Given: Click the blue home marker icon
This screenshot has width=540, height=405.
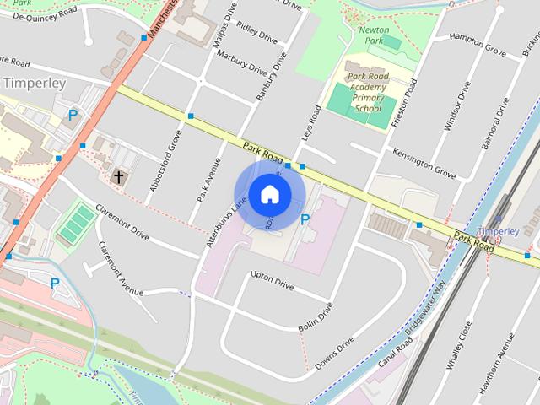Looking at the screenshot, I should coord(269,195).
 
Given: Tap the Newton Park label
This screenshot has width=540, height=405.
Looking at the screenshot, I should coord(374,35).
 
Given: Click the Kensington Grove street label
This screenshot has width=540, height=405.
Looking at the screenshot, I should coord(424,162).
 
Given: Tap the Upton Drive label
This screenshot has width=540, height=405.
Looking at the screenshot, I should coord(272,280).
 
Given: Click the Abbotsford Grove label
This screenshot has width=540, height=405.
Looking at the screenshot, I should coord(165,160).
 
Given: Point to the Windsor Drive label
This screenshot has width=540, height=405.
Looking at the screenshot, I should coord(453,108).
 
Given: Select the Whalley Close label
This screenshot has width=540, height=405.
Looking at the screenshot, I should coord(465,346).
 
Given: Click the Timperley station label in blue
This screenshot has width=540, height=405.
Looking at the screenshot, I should coord(497,230).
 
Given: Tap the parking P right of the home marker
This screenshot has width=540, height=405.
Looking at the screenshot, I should coord(305,219).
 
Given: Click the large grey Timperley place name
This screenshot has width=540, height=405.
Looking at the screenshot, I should coord(34,83).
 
